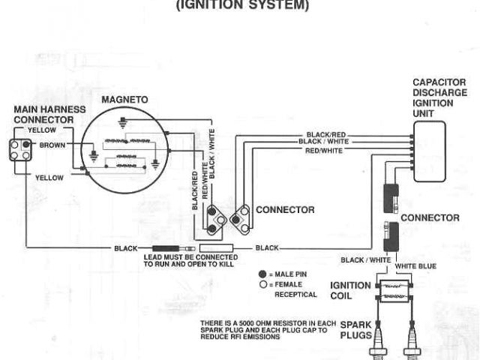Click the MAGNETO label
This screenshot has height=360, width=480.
[124, 99]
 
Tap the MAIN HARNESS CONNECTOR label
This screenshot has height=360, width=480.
[44, 115]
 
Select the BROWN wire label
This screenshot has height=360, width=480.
[52, 143]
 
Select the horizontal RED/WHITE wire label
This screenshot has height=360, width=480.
[325, 149]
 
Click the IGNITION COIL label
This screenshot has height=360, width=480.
[350, 290]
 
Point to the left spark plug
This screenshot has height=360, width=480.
[379, 337]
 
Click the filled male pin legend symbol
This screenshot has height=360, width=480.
[262, 274]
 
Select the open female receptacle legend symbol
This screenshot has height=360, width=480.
[262, 284]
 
